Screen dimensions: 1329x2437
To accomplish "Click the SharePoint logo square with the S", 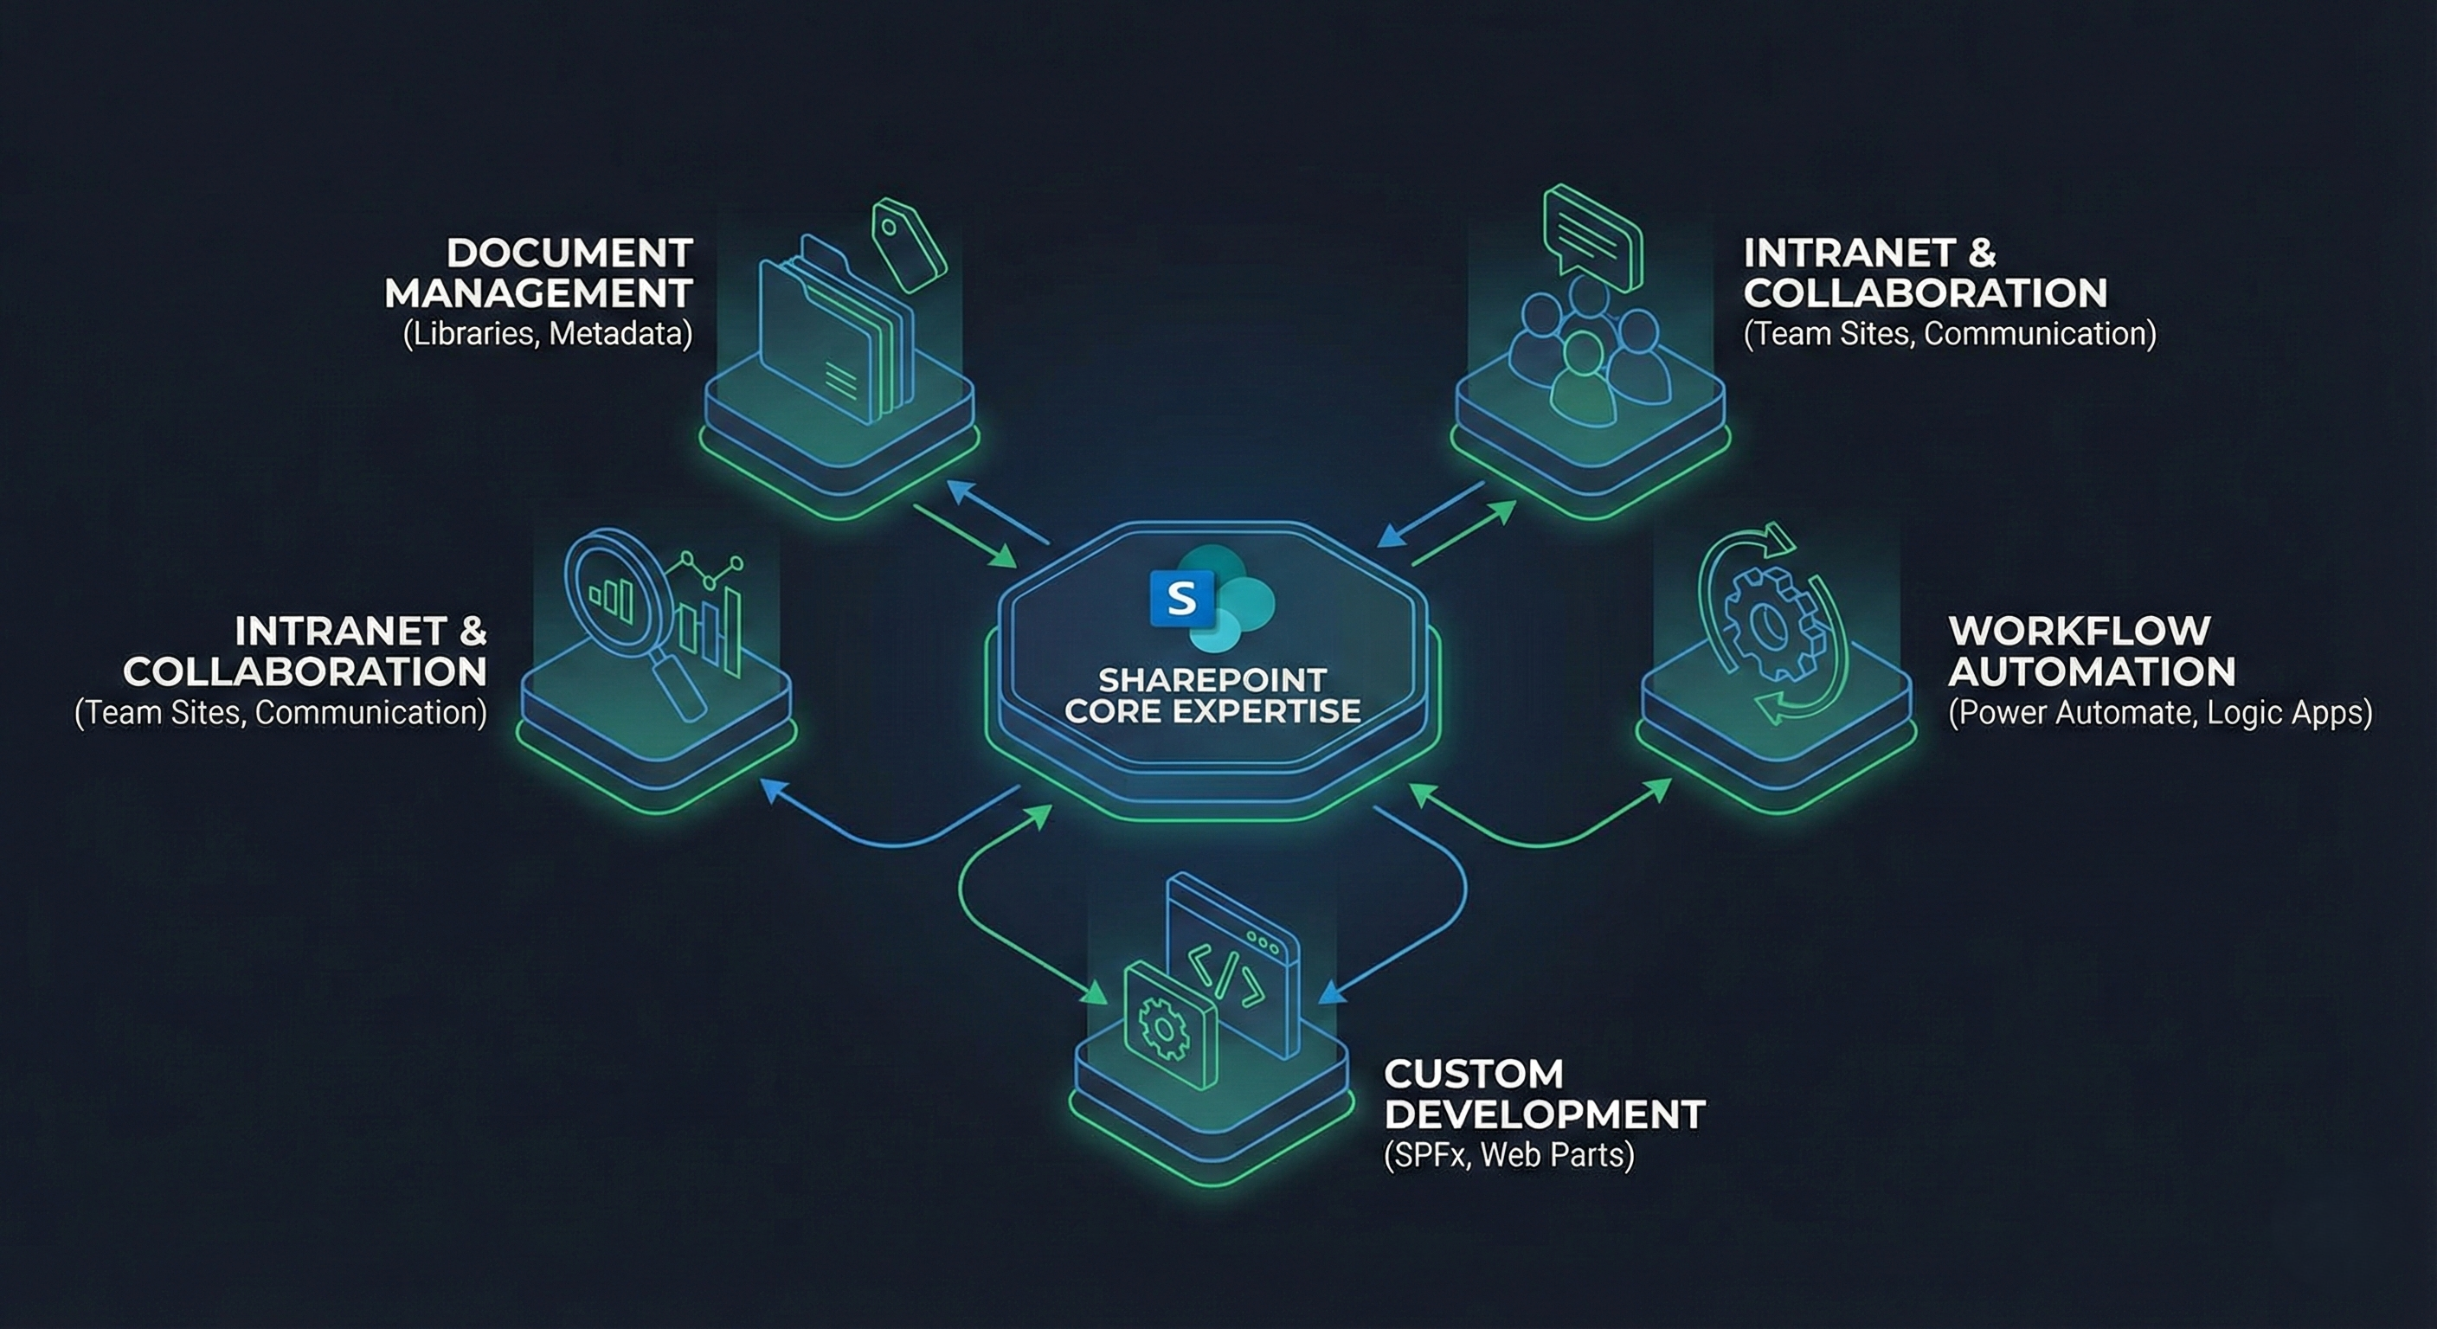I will tap(1181, 599).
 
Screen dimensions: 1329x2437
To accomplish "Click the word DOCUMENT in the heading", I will tap(569, 254).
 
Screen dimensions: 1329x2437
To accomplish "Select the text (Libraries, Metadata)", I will tap(548, 334).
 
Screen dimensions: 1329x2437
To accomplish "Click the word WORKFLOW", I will tap(2080, 631).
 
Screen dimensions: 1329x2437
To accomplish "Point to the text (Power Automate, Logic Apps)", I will tap(2160, 712).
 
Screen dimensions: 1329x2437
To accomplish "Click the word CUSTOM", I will tap(1474, 1074).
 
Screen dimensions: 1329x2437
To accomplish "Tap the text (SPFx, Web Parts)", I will tap(1508, 1155).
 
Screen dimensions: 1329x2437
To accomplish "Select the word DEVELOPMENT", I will tap(1545, 1114).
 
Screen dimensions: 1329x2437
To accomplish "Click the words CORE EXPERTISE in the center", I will tap(1212, 710).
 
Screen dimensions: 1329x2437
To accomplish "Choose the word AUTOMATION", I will tap(2092, 671).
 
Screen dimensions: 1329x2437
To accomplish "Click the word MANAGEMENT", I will tap(539, 293).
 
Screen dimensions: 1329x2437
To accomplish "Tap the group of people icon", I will tap(1588, 350).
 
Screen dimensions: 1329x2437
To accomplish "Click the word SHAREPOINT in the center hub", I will tap(1212, 679).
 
